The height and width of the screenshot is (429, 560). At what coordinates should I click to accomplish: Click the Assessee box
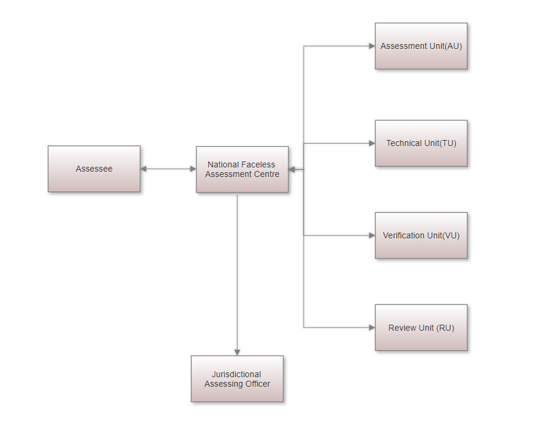[94, 169]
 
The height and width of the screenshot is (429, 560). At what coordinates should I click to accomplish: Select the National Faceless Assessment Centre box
[242, 169]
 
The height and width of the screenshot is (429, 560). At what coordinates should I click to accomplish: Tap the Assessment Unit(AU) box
[421, 46]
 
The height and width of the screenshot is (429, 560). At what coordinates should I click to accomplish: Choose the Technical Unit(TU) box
[421, 143]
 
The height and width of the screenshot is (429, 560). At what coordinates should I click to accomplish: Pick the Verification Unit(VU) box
[421, 235]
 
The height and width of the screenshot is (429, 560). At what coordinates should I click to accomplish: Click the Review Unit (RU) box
[421, 328]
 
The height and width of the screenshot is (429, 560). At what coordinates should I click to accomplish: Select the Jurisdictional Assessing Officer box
[237, 379]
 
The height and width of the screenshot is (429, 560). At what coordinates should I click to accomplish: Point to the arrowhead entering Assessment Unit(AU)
[372, 46]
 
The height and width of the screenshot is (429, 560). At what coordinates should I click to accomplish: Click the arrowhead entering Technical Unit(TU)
[372, 143]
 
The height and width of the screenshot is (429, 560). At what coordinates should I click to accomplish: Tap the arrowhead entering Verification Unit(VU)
[372, 235]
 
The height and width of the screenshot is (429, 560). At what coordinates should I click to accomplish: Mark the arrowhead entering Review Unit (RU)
[372, 327]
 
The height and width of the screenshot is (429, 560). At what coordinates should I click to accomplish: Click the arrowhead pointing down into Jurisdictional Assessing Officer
[237, 353]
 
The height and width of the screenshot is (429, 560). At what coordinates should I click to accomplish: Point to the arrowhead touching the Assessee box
[143, 169]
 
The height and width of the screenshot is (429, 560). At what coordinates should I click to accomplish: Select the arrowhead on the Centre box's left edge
[193, 169]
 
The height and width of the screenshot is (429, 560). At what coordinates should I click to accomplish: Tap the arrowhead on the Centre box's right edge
[292, 169]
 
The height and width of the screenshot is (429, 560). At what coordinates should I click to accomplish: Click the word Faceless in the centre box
[259, 164]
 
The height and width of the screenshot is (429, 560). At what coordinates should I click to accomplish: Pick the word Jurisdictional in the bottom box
[237, 374]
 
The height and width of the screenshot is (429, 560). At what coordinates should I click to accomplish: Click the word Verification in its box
[403, 235]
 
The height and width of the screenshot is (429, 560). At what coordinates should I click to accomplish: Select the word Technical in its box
[403, 143]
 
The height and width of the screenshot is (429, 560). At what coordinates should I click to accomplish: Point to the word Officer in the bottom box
[256, 384]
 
